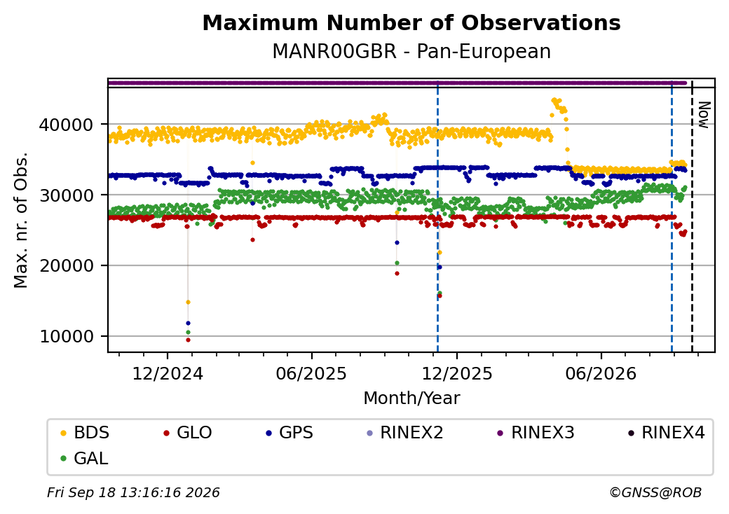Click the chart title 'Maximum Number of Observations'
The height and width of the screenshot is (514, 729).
click(x=411, y=22)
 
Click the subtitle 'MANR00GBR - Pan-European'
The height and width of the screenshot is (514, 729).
click(x=411, y=51)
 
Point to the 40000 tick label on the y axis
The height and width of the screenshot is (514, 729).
click(x=66, y=125)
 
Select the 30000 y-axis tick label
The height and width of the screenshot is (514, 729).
click(x=66, y=195)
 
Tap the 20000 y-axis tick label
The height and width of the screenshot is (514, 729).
click(x=66, y=266)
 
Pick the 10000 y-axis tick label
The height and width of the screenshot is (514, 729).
click(x=66, y=337)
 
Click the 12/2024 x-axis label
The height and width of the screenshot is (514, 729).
click(x=168, y=374)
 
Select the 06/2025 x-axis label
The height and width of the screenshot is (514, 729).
click(x=311, y=374)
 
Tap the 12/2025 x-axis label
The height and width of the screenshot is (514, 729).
click(x=456, y=374)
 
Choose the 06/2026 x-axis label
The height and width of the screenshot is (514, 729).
click(x=601, y=374)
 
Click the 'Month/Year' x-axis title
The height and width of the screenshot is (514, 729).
click(x=411, y=398)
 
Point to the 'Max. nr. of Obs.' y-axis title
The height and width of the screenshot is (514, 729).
click(x=21, y=220)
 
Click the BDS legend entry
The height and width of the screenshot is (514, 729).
click(x=85, y=433)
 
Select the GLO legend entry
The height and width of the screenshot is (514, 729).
click(x=188, y=433)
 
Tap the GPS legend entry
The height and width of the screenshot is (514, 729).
click(x=289, y=433)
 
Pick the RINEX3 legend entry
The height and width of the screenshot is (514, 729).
click(x=536, y=433)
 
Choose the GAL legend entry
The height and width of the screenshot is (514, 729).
click(x=85, y=458)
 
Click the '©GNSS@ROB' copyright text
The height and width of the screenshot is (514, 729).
click(x=655, y=492)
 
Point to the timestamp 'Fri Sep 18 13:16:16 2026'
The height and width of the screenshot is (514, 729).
click(x=133, y=492)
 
